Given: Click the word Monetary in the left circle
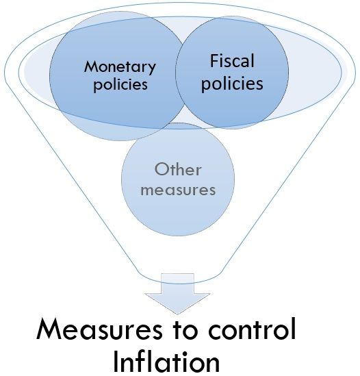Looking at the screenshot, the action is (x=120, y=67).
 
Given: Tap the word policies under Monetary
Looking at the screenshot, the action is (x=120, y=85).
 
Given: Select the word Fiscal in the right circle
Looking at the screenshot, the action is (x=232, y=61).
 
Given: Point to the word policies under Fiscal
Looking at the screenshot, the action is (x=232, y=84).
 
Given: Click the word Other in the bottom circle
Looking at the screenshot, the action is (x=178, y=169).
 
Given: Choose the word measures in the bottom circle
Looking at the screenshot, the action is (x=178, y=190).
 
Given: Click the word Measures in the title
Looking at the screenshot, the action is (x=99, y=329).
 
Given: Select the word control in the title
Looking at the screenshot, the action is (x=252, y=329).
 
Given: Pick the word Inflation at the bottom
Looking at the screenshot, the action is (x=166, y=361).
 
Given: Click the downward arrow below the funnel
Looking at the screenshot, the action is (x=177, y=294).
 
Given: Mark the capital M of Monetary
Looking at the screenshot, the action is (x=90, y=66).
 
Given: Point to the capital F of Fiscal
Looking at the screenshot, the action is (x=214, y=61).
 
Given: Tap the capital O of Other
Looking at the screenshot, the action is (x=162, y=169).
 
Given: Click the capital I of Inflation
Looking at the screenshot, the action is (x=116, y=362).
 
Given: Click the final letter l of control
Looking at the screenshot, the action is (x=294, y=329).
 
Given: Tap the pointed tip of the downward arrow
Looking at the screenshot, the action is (x=177, y=314).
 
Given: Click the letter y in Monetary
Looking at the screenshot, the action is (x=152, y=69).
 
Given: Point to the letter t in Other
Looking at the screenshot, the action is (x=172, y=170).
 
